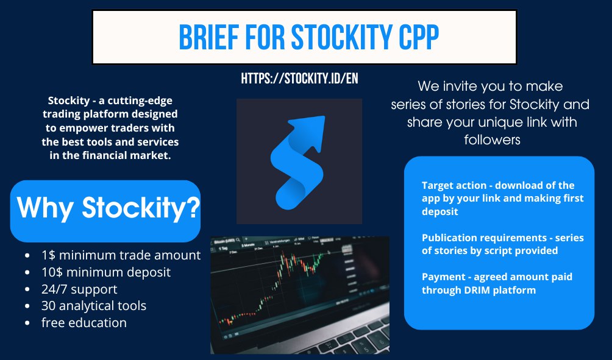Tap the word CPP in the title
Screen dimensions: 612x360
419,37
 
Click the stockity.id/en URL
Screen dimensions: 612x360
299,79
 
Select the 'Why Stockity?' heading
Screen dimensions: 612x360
108,208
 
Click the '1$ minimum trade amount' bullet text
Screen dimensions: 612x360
121,255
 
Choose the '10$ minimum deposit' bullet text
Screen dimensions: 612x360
106,272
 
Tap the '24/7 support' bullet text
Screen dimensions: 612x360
79,289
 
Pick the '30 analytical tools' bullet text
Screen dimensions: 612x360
94,306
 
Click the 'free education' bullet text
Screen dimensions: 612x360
84,323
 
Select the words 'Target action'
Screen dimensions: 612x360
454,185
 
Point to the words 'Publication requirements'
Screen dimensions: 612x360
485,238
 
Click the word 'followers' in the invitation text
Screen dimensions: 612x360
492,139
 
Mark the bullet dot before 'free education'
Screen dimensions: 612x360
27,323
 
